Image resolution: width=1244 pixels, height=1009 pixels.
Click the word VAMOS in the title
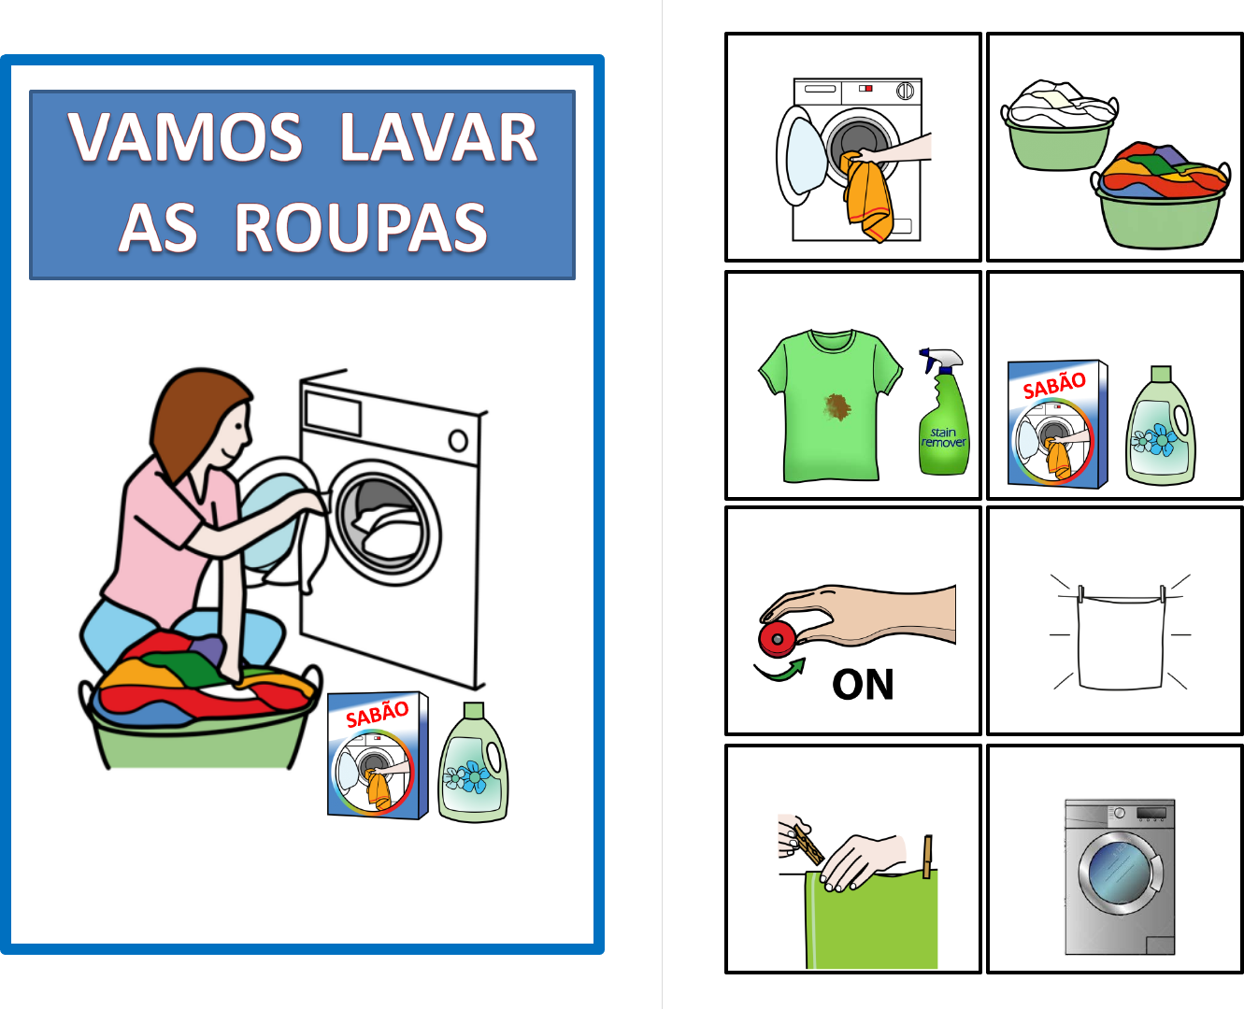pyautogui.click(x=186, y=137)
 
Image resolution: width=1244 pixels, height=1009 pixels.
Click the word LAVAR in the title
pyautogui.click(x=438, y=137)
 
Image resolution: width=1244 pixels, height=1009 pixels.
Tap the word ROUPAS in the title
pyautogui.click(x=361, y=228)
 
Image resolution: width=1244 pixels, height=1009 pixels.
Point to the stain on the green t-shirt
pyautogui.click(x=836, y=406)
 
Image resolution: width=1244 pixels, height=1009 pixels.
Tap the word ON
pyautogui.click(x=863, y=685)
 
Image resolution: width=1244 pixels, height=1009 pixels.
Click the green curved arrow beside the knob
pyautogui.click(x=780, y=671)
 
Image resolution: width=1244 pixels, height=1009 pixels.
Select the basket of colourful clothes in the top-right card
pyautogui.click(x=1161, y=194)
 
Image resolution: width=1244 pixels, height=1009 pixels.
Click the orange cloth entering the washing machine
pyautogui.click(x=867, y=196)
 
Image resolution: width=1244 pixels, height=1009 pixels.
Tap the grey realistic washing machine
pyautogui.click(x=1120, y=877)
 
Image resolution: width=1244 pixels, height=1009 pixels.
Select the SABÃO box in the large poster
pyautogui.click(x=378, y=755)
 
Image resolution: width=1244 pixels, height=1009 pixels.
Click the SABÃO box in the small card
pyautogui.click(x=1058, y=424)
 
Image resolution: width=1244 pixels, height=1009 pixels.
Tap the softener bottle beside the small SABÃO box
pyautogui.click(x=1161, y=425)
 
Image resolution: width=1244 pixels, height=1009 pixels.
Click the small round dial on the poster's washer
pyautogui.click(x=459, y=441)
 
